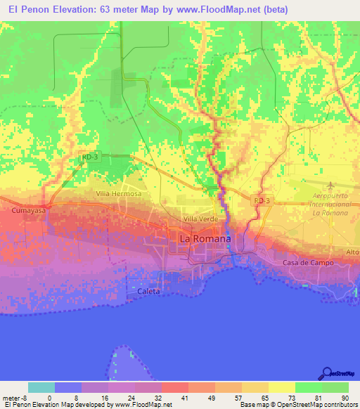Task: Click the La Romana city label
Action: click(x=205, y=239)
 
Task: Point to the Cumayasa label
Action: click(x=27, y=210)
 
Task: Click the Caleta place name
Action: click(x=148, y=291)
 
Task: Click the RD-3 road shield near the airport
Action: click(x=262, y=201)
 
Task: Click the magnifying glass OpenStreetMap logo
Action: click(x=328, y=374)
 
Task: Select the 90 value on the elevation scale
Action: click(x=345, y=396)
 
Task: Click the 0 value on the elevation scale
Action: click(x=49, y=396)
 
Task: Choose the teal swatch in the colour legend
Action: click(x=41, y=387)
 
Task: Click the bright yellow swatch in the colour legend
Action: click(x=281, y=387)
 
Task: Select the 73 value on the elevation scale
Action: click(x=292, y=396)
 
